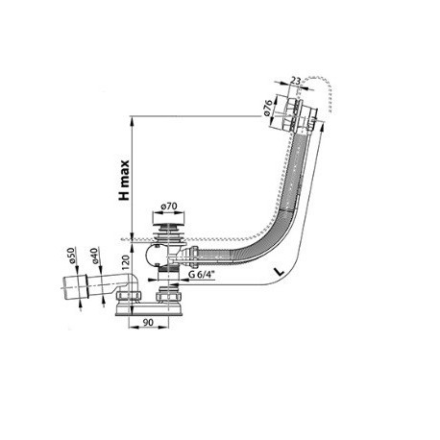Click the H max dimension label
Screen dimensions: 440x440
(x=124, y=181)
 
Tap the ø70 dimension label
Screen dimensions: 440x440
(x=169, y=206)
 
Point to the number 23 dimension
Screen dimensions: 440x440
(x=295, y=82)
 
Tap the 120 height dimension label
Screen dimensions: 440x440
(x=125, y=262)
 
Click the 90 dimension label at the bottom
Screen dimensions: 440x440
(x=148, y=323)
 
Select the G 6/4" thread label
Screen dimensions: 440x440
(x=201, y=275)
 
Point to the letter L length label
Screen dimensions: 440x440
(x=280, y=272)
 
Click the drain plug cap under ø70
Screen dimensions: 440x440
(x=168, y=219)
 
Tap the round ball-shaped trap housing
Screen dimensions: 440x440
(x=156, y=256)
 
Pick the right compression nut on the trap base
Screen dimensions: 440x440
(x=168, y=297)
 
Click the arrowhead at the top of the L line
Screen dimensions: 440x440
(x=322, y=126)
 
